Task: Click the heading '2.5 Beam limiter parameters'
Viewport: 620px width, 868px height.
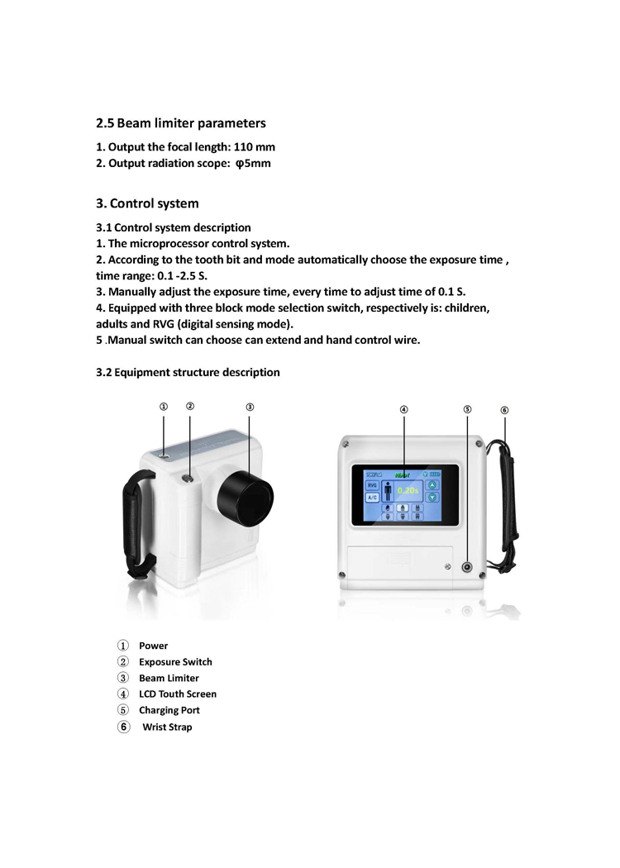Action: (181, 123)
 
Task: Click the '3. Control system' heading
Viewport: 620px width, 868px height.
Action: (147, 203)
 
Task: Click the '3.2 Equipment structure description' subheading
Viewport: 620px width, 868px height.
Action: (188, 373)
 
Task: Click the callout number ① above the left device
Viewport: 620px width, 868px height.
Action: (164, 407)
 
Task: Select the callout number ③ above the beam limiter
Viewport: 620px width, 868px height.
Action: (250, 407)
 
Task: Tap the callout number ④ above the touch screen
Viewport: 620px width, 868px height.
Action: (404, 409)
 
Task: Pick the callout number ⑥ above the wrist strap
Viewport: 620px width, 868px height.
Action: (504, 409)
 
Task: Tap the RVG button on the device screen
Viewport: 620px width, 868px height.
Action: (372, 485)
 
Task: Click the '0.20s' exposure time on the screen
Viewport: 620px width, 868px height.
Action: (408, 490)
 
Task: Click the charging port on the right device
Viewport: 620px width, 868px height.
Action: (467, 568)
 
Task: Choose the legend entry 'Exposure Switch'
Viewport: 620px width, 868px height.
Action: (175, 662)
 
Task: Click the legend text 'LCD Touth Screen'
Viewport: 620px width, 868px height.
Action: (178, 694)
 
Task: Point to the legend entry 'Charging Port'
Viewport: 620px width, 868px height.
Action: (169, 710)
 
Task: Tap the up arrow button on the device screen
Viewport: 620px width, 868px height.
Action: (432, 485)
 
